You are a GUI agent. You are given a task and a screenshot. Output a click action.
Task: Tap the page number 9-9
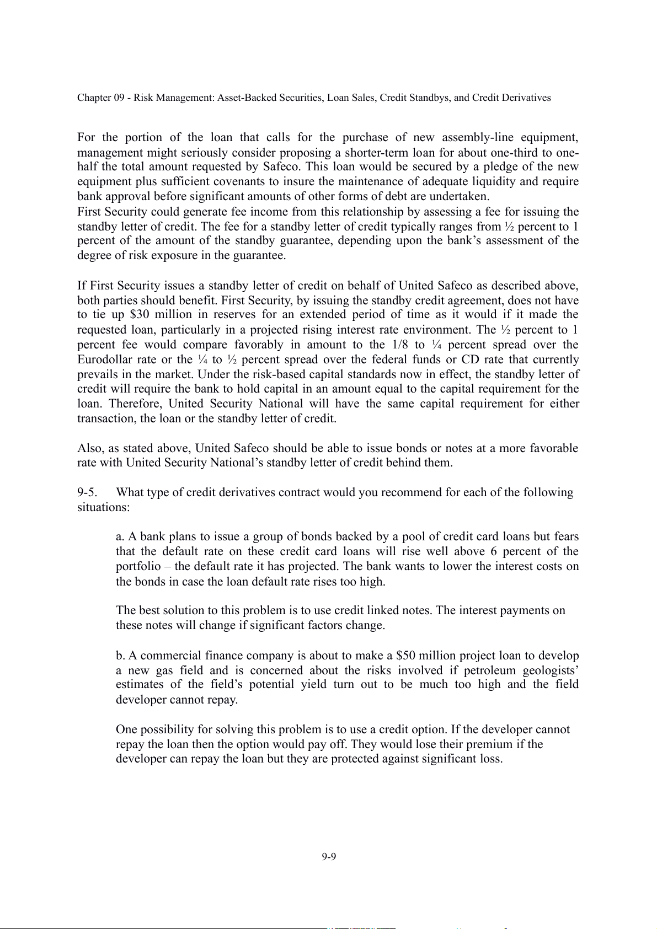click(329, 856)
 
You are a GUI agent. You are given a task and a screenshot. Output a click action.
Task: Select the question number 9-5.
click(88, 492)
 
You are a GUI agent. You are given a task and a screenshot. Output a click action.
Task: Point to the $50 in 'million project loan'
click(406, 656)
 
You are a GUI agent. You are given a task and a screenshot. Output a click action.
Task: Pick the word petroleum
click(489, 670)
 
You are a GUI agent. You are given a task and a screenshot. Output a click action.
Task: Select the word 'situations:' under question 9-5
click(103, 507)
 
